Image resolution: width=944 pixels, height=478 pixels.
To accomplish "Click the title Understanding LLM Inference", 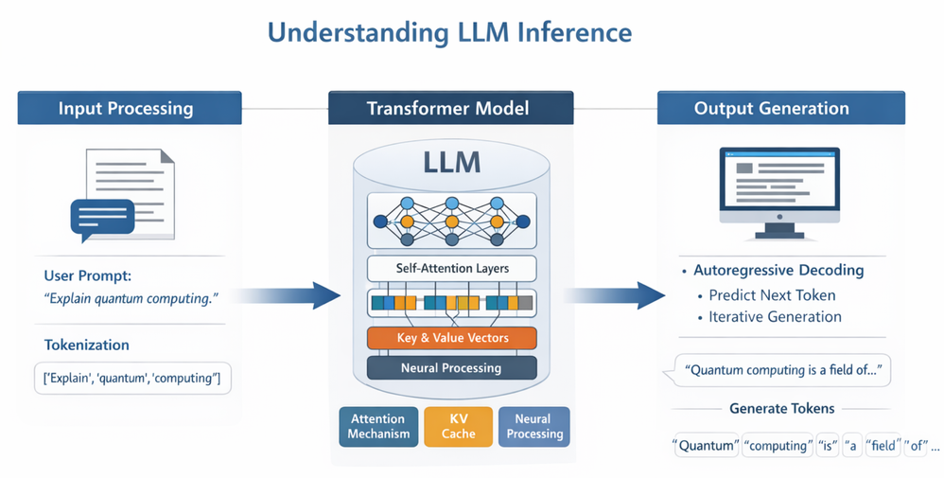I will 449,32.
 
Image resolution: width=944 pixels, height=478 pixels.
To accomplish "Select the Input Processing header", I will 126,108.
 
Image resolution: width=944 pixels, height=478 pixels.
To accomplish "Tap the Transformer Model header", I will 450,108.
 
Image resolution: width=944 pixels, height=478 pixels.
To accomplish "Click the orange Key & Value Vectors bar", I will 451,338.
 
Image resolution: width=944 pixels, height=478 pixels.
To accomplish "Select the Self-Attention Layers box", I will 451,268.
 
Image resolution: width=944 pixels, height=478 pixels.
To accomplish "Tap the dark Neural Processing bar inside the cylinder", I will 451,367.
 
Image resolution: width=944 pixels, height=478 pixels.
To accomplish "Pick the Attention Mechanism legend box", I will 378,426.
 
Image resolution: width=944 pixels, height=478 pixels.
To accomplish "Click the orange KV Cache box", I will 458,426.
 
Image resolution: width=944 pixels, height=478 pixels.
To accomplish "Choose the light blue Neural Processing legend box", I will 533,426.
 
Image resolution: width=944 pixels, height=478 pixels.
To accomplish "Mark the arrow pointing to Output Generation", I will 611,295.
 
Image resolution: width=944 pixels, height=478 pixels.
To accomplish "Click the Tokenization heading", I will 87,345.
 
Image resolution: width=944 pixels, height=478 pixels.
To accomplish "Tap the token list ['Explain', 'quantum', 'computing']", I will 132,379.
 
